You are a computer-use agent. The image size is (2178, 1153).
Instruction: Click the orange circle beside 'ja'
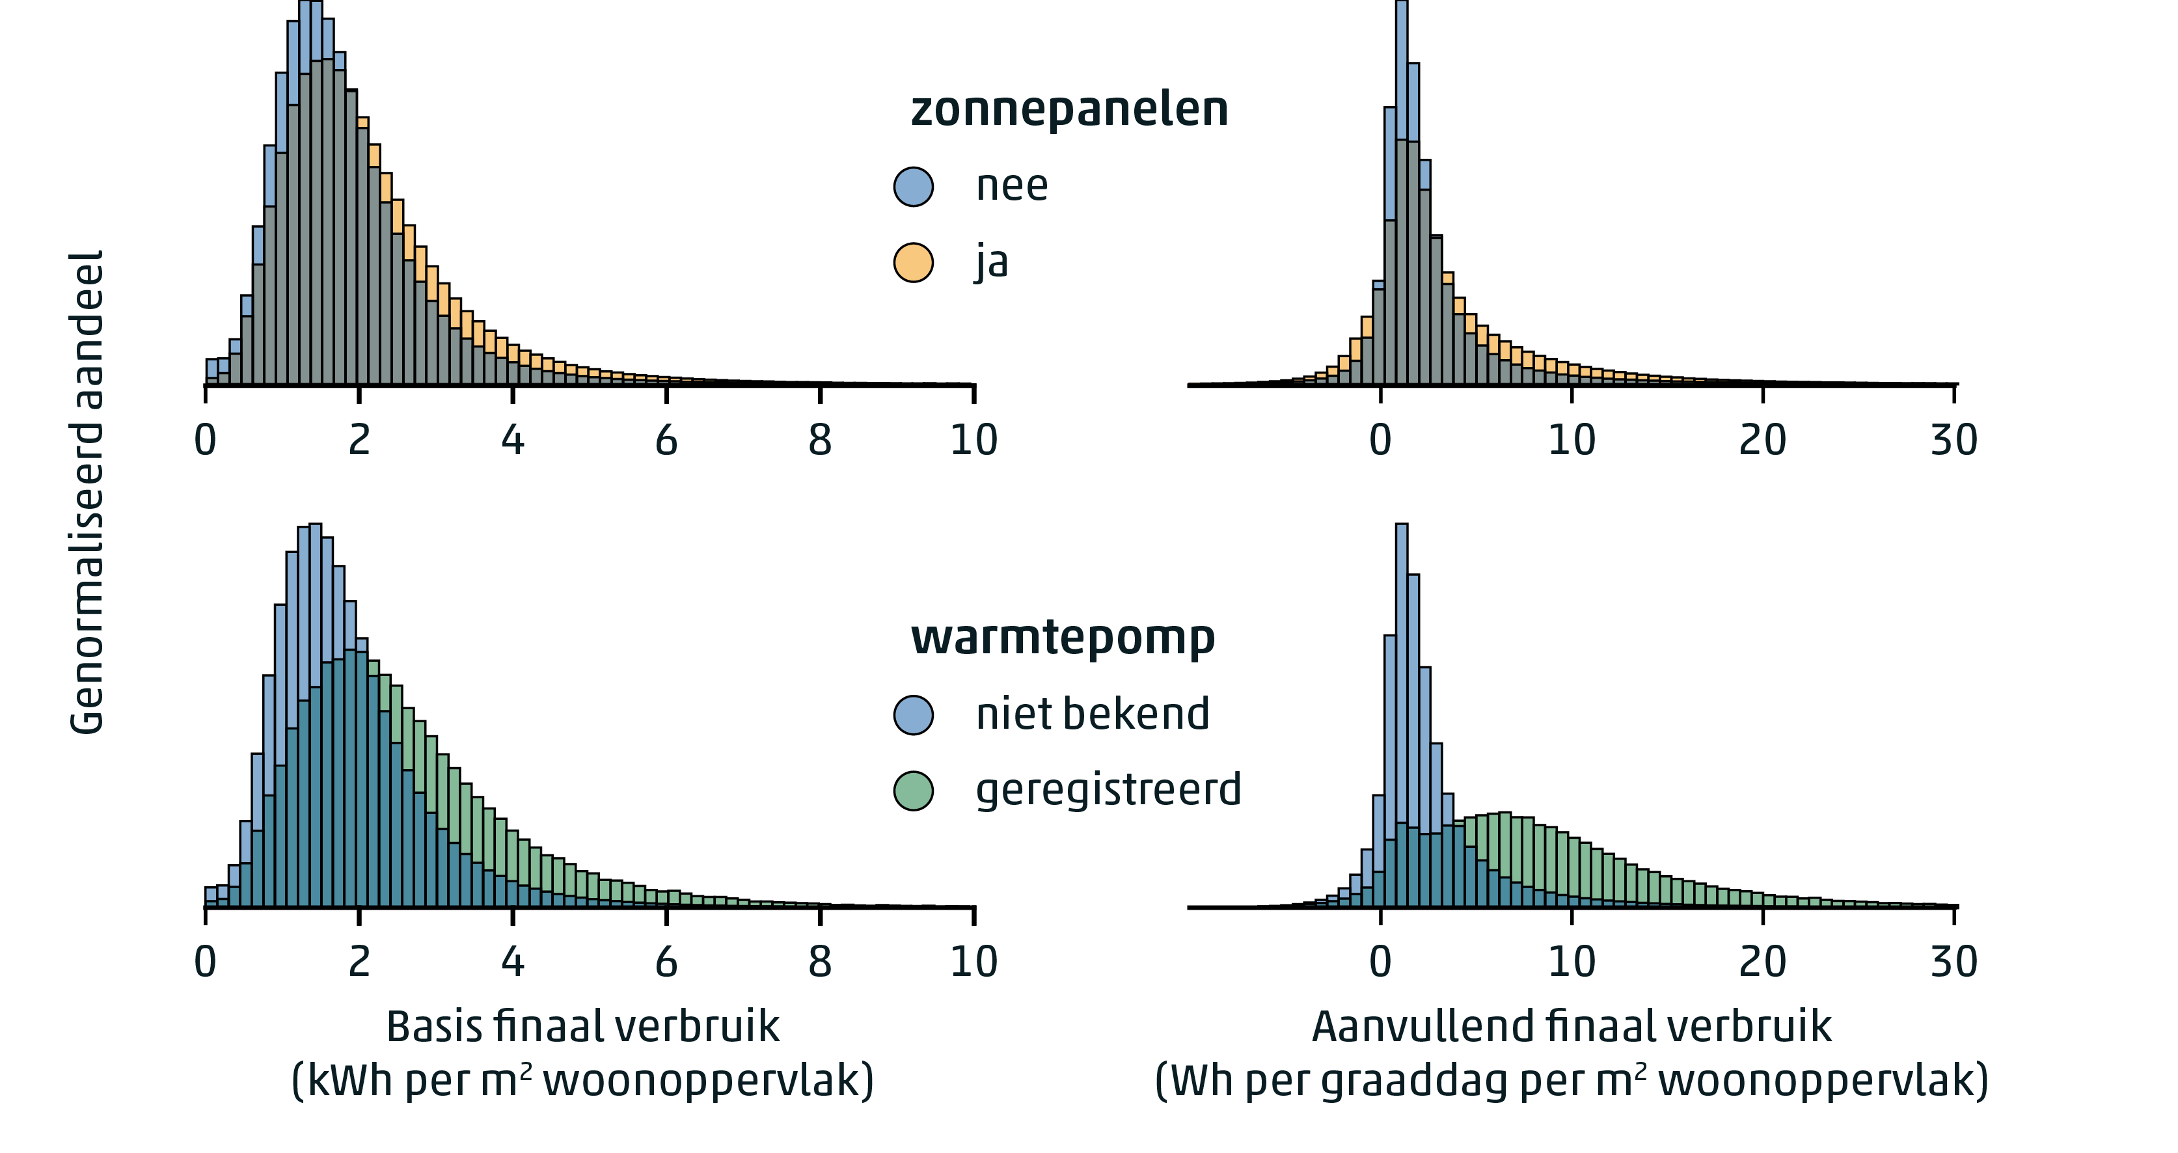click(913, 262)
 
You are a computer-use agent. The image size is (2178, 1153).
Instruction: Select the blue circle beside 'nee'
click(913, 186)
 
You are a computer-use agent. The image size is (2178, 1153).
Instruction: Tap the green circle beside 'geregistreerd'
click(913, 791)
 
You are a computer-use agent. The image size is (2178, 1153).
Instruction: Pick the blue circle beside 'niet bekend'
click(913, 714)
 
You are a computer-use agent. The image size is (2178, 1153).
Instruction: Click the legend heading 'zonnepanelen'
click(1069, 110)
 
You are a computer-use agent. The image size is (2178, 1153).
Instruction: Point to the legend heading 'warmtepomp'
click(1062, 638)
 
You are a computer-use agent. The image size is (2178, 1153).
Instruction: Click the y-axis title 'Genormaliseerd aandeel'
click(87, 492)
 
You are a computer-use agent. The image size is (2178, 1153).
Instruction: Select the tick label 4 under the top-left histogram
click(512, 441)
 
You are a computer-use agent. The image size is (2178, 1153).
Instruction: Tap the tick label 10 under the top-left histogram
click(973, 441)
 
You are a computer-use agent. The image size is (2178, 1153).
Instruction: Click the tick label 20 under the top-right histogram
click(1762, 441)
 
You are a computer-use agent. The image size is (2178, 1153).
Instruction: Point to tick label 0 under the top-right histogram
click(1380, 441)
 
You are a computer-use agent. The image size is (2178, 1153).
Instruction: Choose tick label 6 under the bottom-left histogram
click(666, 962)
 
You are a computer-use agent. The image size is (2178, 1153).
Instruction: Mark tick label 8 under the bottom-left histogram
click(819, 962)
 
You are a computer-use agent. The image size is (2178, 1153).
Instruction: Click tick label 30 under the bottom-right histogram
click(1953, 962)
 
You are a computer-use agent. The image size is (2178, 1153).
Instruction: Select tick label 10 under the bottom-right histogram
click(1571, 962)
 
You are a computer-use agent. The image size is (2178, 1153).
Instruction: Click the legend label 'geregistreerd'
click(1108, 791)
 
